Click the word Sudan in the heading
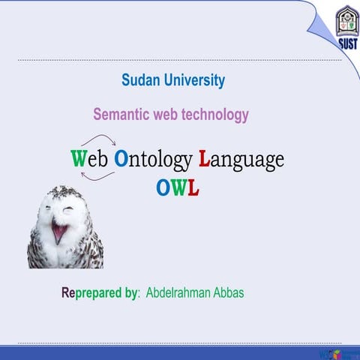(x=141, y=80)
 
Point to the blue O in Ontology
(x=121, y=159)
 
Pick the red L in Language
(x=203, y=159)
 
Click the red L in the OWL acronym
(x=193, y=188)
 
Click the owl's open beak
(x=58, y=232)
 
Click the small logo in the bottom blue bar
(x=330, y=352)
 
